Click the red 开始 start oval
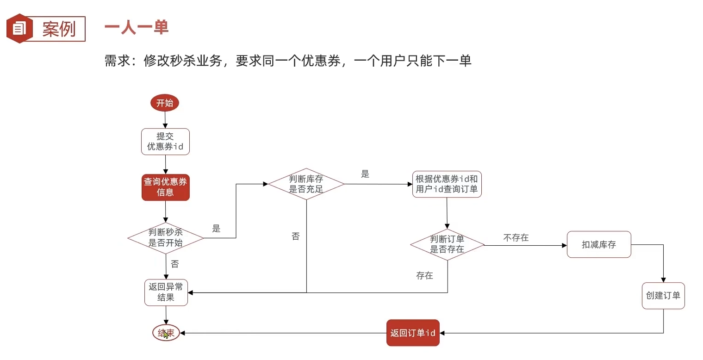(165, 103)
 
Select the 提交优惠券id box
(165, 142)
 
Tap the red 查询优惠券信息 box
(165, 187)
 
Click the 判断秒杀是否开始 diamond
(165, 238)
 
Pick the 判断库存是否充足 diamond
(306, 184)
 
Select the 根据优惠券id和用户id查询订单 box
(447, 184)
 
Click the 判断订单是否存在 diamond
(447, 244)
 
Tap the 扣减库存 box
(599, 244)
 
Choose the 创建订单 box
(663, 296)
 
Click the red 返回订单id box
(413, 333)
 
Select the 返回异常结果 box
(166, 292)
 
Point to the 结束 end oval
(166, 333)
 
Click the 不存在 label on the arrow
(516, 237)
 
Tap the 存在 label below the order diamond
(425, 276)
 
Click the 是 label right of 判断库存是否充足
(365, 174)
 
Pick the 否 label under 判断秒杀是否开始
(175, 264)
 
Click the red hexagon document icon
(19, 29)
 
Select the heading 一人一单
(137, 27)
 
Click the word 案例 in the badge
(59, 29)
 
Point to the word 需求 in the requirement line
(118, 61)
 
